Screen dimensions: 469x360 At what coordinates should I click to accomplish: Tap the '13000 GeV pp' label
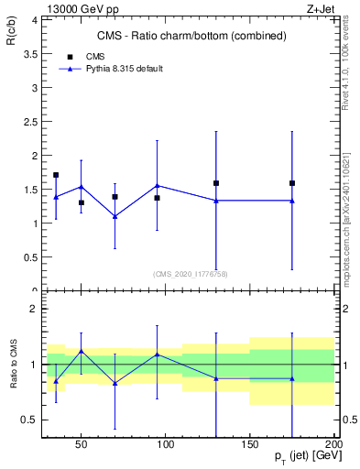(x=65, y=7)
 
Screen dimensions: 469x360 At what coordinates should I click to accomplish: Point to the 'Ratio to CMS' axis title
(x=14, y=365)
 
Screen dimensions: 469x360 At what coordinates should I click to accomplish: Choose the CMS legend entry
(x=94, y=57)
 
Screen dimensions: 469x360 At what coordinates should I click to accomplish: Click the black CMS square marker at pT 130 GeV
(x=216, y=183)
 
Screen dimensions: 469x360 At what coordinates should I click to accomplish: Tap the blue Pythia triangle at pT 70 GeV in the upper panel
(x=115, y=216)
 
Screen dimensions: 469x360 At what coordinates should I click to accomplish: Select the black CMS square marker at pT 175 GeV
(x=292, y=183)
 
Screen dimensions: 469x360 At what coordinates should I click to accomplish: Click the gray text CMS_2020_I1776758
(x=191, y=274)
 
